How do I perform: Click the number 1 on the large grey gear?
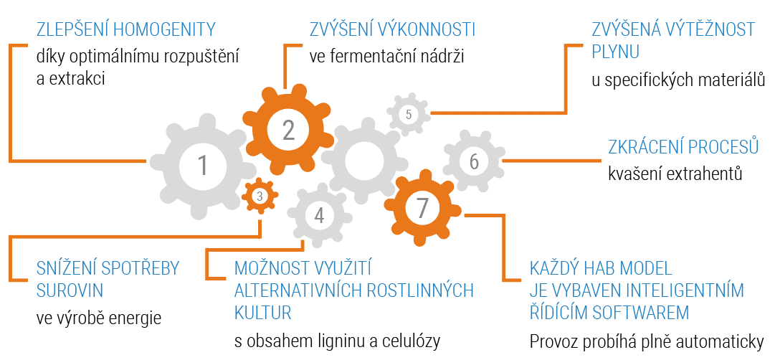tap(203, 166)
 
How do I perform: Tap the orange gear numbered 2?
tap(288, 130)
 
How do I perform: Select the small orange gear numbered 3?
tap(260, 195)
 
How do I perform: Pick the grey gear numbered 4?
tap(319, 215)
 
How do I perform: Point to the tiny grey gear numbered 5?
tap(408, 114)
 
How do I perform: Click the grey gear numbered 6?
tap(473, 161)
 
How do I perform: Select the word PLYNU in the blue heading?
tap(615, 52)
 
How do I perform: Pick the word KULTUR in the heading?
tap(263, 313)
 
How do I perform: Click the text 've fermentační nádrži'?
tap(387, 55)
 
